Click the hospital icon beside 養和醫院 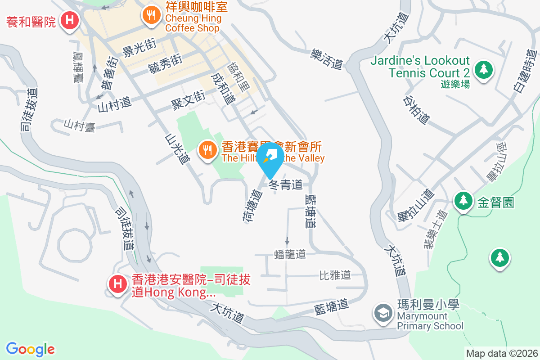pyautogui.click(x=70, y=20)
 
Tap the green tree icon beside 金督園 pyautogui.click(x=463, y=201)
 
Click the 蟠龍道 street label pyautogui.click(x=290, y=254)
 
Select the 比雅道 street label pyautogui.click(x=335, y=274)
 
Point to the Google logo pyautogui.click(x=31, y=349)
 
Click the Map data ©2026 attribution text pyautogui.click(x=502, y=353)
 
